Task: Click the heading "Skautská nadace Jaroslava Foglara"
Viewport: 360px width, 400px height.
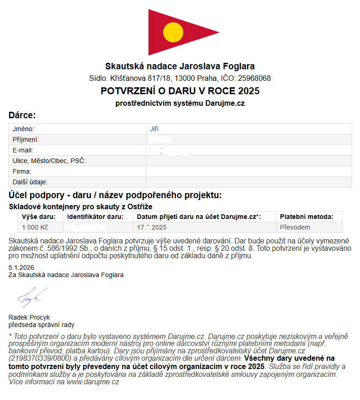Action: coord(180,67)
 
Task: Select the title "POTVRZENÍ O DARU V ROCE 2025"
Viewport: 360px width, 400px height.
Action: coord(180,91)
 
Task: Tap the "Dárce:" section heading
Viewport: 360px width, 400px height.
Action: coord(22,115)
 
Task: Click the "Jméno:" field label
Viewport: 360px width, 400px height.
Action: coord(24,129)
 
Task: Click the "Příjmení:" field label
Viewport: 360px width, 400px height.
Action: coord(26,139)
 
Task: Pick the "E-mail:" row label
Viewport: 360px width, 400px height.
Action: coord(23,150)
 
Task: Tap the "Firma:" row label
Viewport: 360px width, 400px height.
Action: coord(22,171)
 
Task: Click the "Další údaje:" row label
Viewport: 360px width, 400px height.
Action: coord(30,182)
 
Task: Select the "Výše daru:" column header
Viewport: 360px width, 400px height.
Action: coord(39,217)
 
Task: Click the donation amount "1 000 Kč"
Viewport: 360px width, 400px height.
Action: coord(35,227)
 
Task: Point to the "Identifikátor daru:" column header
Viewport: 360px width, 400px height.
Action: coord(96,217)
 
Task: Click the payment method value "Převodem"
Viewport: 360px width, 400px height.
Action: coord(295,227)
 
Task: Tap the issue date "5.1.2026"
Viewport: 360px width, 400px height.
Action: coord(21,267)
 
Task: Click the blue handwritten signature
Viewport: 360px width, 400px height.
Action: coord(31,297)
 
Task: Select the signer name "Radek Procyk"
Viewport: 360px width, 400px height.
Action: coord(29,317)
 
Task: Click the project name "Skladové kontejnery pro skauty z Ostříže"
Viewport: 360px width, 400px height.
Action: coord(81,206)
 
